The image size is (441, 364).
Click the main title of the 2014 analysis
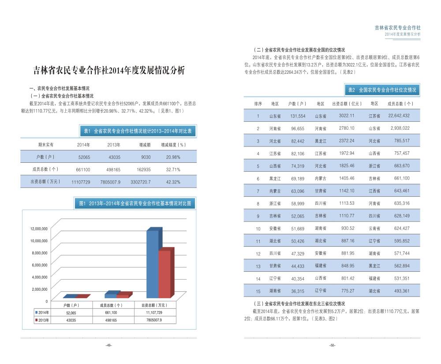tap(109, 71)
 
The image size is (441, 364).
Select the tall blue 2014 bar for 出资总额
tap(153, 265)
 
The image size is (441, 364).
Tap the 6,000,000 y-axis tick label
tap(39, 265)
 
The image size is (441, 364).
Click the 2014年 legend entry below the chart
tap(43, 312)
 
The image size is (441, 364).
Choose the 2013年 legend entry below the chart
tap(43, 320)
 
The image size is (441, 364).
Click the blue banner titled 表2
tap(382, 90)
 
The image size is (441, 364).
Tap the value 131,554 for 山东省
tap(298, 116)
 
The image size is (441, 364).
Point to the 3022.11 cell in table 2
tap(347, 116)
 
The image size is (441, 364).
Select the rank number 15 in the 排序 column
tap(258, 291)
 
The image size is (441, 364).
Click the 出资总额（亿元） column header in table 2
tap(347, 104)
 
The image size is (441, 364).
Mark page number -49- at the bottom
tap(109, 345)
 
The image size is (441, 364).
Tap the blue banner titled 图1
tap(135, 203)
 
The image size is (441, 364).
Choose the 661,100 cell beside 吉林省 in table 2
tap(400, 178)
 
